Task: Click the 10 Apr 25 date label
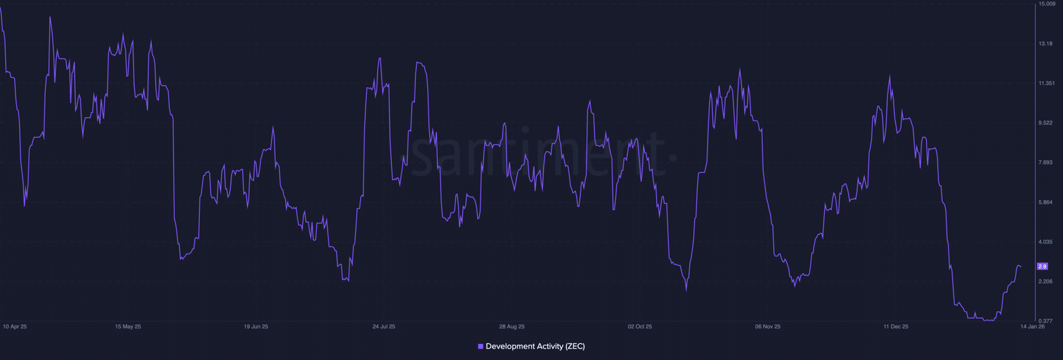tap(15, 327)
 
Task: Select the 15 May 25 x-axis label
tap(128, 327)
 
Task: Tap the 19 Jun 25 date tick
tap(256, 327)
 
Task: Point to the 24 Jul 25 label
tap(383, 327)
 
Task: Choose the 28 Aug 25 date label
tap(512, 327)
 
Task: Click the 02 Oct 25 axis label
tap(640, 327)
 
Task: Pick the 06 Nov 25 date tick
tap(767, 327)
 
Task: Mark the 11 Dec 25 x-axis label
tap(896, 327)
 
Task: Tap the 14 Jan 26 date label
tap(1032, 327)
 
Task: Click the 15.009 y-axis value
tap(1046, 4)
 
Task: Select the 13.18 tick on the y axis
tap(1045, 44)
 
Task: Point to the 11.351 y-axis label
tap(1046, 84)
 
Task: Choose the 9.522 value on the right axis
tap(1045, 123)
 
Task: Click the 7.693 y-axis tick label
tap(1045, 163)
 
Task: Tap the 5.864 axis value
tap(1045, 203)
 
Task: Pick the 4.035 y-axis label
tap(1045, 242)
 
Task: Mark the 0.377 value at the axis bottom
tap(1045, 321)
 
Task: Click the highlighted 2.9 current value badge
tap(1042, 266)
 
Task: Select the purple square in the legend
tap(480, 347)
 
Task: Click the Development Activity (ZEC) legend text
tap(535, 347)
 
